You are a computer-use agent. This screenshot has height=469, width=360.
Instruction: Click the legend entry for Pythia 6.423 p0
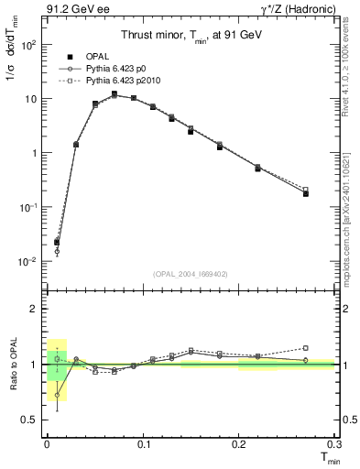[x=115, y=68]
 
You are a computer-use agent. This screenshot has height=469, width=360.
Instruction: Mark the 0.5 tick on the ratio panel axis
[x=32, y=420]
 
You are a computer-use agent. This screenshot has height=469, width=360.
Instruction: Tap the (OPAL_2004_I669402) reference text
[x=190, y=273]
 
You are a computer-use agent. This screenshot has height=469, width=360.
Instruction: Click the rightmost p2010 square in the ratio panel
[x=305, y=348]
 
